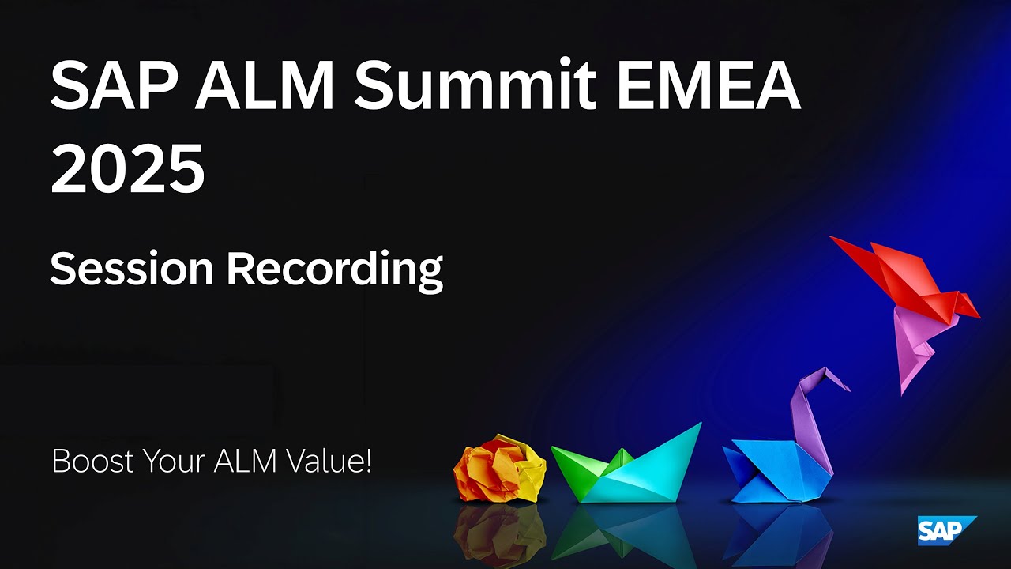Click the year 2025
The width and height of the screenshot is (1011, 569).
(127, 168)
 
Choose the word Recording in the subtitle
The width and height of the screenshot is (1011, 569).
(334, 270)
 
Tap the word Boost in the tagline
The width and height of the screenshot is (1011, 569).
(90, 461)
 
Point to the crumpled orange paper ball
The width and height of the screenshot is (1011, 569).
(499, 469)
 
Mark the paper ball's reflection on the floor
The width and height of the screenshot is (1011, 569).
(499, 533)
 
